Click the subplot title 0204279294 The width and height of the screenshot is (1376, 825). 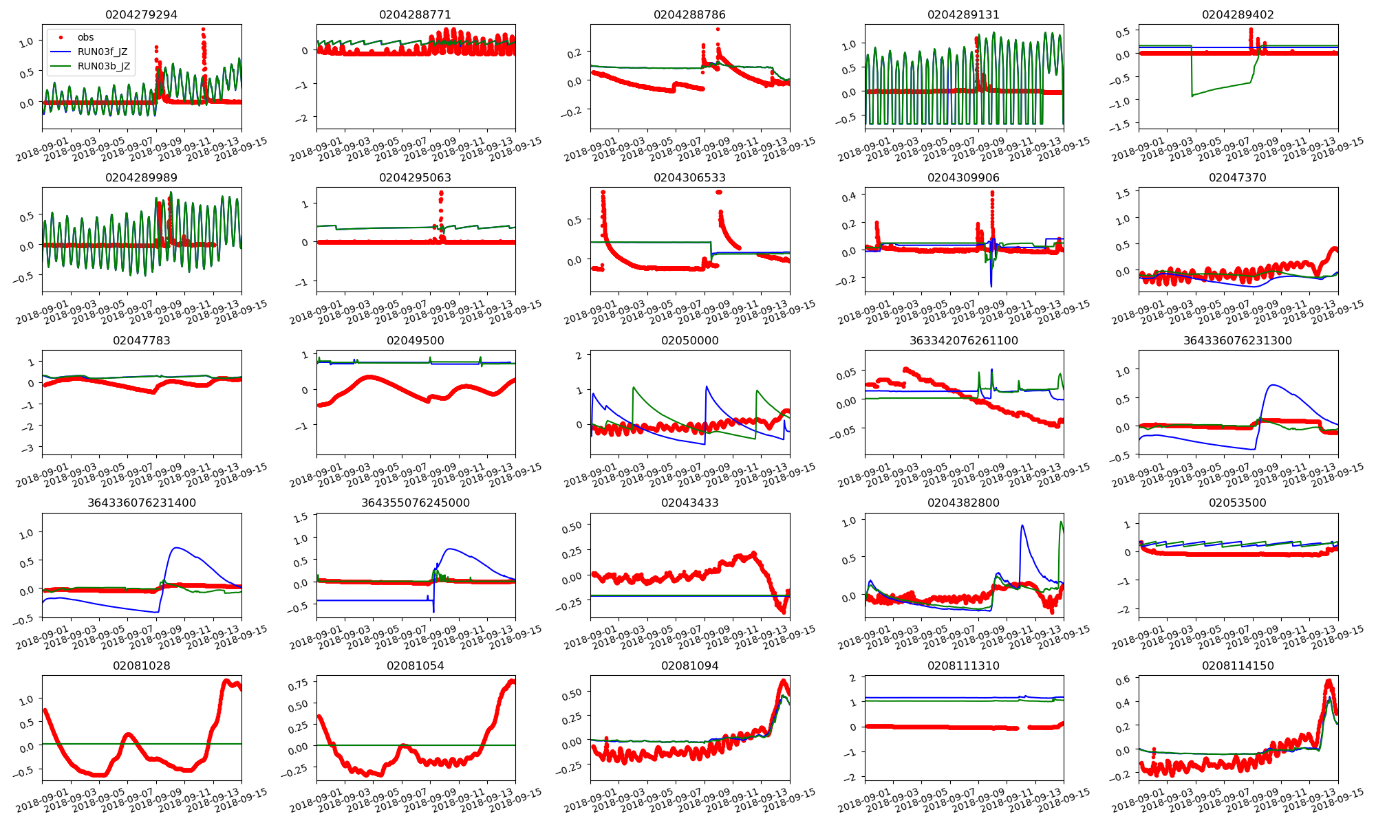[141, 14]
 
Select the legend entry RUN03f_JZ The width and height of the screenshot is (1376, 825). [103, 52]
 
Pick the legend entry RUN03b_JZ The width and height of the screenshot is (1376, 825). [103, 66]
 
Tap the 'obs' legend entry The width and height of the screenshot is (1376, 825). [85, 37]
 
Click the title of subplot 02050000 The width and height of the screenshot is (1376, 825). [689, 340]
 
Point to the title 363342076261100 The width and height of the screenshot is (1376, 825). [963, 340]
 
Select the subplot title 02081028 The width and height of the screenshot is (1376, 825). [141, 665]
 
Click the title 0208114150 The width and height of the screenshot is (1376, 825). [1237, 665]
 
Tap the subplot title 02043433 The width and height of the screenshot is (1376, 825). [689, 503]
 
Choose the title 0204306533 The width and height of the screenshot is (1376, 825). [689, 177]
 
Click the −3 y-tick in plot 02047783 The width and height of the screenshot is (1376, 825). [28, 449]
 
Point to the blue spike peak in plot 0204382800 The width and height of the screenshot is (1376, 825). [1022, 526]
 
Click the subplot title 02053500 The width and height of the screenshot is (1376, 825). [1237, 503]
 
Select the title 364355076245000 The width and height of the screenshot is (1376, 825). [416, 503]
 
